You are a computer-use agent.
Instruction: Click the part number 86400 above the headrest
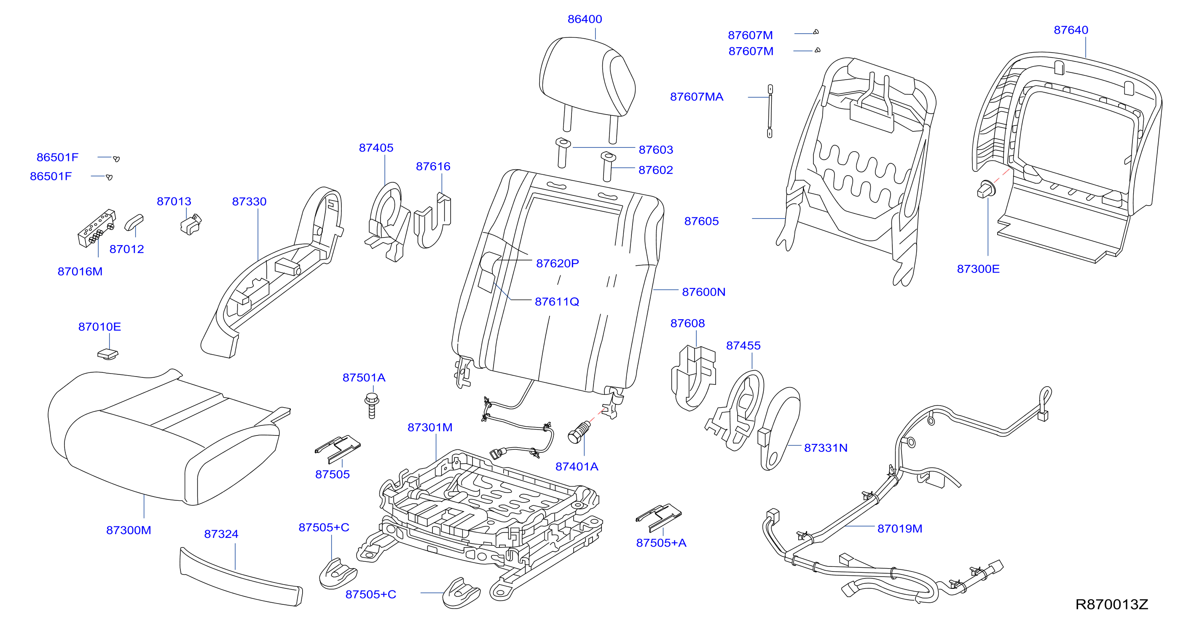click(x=585, y=19)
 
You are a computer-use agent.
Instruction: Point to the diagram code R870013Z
click(x=1111, y=604)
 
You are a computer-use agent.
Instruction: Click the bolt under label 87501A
click(x=372, y=406)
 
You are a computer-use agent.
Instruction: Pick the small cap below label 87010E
click(x=108, y=354)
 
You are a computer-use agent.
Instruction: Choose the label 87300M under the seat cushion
click(x=129, y=530)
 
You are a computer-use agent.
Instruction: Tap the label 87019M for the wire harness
click(x=900, y=529)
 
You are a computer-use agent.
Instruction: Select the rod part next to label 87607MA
click(x=770, y=111)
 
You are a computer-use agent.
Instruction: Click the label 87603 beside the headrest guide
click(x=656, y=150)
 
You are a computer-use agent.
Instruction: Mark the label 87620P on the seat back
click(x=557, y=263)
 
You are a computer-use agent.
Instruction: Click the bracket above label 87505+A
click(x=659, y=517)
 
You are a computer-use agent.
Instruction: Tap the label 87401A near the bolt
click(x=577, y=467)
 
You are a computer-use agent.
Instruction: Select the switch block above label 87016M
click(x=97, y=228)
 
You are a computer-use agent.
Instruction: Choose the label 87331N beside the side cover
click(x=826, y=448)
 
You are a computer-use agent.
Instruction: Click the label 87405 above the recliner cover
click(x=376, y=148)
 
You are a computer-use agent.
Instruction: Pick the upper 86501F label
click(x=57, y=157)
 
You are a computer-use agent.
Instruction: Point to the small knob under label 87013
click(x=191, y=225)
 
